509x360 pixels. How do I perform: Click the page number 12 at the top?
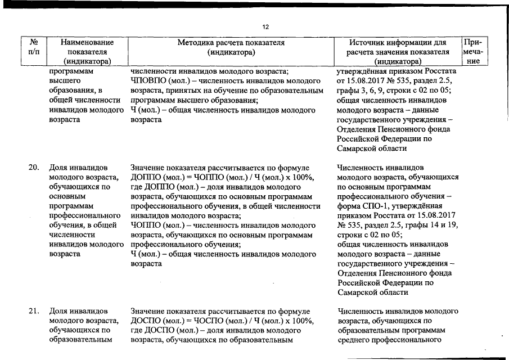coord(266,26)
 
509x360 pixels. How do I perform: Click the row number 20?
coord(34,167)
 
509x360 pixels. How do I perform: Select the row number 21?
coord(34,311)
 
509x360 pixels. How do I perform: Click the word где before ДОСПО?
coord(136,330)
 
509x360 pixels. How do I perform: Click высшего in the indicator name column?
coord(65,81)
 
